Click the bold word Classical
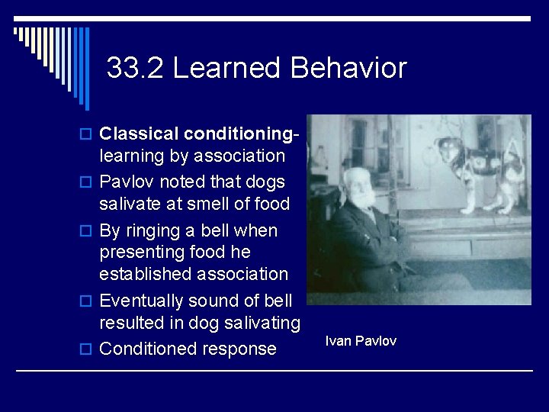(x=137, y=134)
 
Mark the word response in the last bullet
(x=239, y=349)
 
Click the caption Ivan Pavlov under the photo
(x=361, y=341)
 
